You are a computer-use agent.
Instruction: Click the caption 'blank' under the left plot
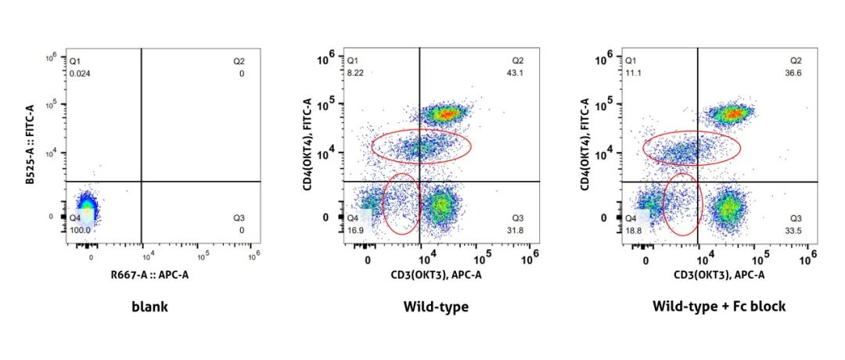click(149, 307)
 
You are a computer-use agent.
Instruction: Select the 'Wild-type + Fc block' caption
click(718, 307)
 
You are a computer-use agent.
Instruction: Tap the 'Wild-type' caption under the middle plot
click(436, 307)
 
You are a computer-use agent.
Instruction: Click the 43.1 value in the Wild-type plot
click(517, 73)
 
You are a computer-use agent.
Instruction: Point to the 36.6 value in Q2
click(794, 73)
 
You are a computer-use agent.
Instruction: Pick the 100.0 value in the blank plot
click(80, 230)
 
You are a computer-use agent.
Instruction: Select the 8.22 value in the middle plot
click(356, 73)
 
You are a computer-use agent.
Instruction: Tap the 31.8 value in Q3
click(517, 230)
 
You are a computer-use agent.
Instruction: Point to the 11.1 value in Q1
click(631, 73)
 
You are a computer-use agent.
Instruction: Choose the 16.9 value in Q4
click(356, 230)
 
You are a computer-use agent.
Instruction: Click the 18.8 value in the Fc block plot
click(632, 230)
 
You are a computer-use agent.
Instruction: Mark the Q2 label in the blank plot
click(238, 60)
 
